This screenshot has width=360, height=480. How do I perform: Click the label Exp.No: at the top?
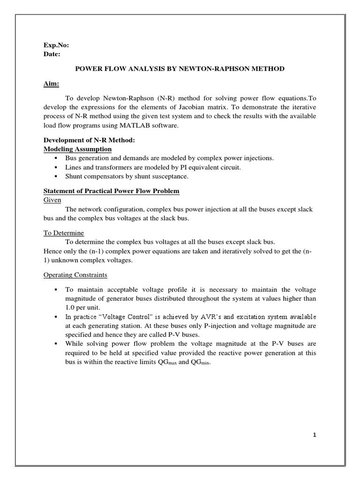(x=56, y=45)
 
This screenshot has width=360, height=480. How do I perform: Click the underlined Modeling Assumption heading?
(x=77, y=149)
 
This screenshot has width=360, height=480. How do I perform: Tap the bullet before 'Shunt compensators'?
(x=56, y=177)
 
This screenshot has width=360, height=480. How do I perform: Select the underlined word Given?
(x=52, y=200)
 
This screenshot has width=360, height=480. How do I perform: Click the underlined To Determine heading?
(x=63, y=232)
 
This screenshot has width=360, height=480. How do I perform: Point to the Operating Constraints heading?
(x=75, y=274)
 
